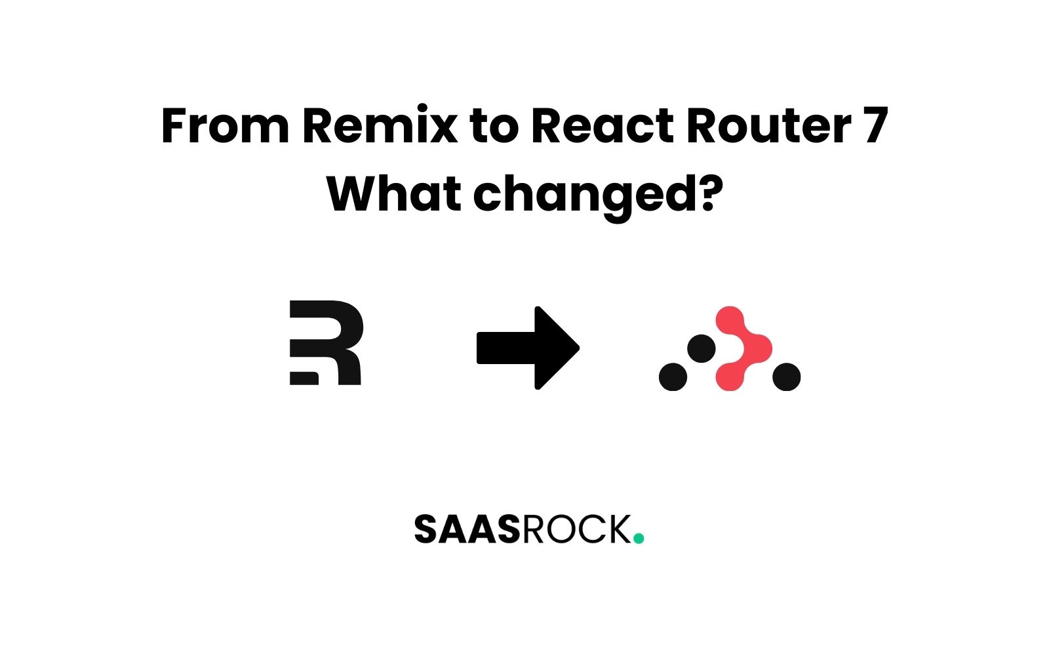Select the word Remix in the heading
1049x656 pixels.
tap(380, 125)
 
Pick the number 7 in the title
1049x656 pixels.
tap(875, 125)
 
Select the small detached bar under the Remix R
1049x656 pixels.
tap(304, 378)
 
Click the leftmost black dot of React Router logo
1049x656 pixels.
tap(673, 377)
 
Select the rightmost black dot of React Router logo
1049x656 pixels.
tap(786, 377)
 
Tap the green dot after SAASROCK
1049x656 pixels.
tap(639, 539)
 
